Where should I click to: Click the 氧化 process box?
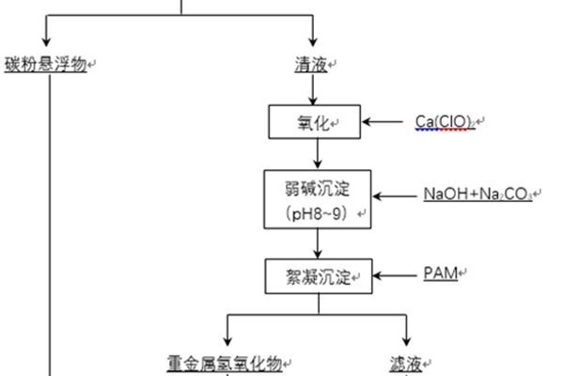click(x=316, y=122)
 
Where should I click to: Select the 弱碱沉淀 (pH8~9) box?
click(x=316, y=197)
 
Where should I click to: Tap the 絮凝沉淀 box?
click(x=316, y=275)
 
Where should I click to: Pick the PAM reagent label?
click(x=440, y=274)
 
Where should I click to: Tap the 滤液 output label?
click(x=405, y=363)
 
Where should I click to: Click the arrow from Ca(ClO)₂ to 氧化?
click(x=386, y=122)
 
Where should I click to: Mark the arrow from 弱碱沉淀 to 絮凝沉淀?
click(x=316, y=243)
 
